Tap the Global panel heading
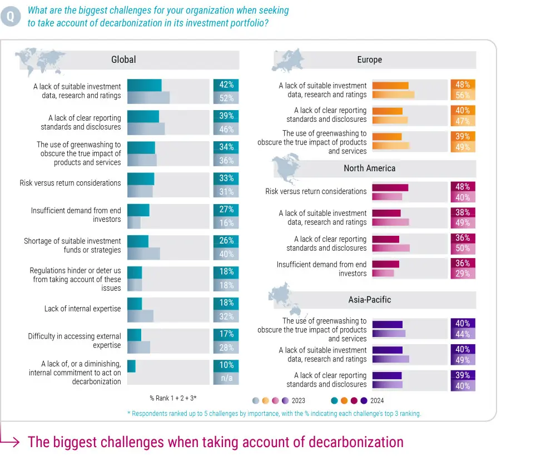coord(123,60)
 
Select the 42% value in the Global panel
coord(226,85)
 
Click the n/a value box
coord(226,379)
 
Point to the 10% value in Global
coord(226,365)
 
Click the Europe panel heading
coord(369,60)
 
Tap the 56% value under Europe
coord(463,95)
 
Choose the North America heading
coord(369,168)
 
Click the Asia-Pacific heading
coord(369,300)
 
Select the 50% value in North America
coord(463,248)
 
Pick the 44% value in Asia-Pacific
coord(463,334)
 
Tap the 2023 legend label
coord(298,400)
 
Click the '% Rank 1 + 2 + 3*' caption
coord(173,398)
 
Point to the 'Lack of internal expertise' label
coord(82,309)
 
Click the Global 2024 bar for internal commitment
coord(131,365)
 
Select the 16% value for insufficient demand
coord(226,223)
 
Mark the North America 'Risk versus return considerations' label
coord(316,191)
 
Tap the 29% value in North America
coord(463,274)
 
